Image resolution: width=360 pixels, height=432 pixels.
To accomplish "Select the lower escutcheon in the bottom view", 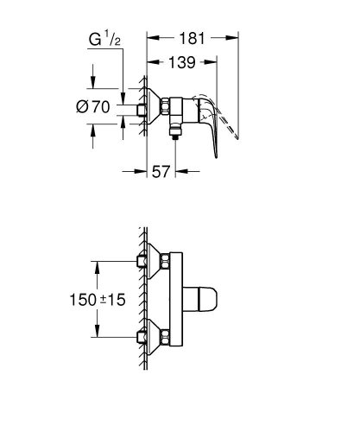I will click(158, 333).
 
